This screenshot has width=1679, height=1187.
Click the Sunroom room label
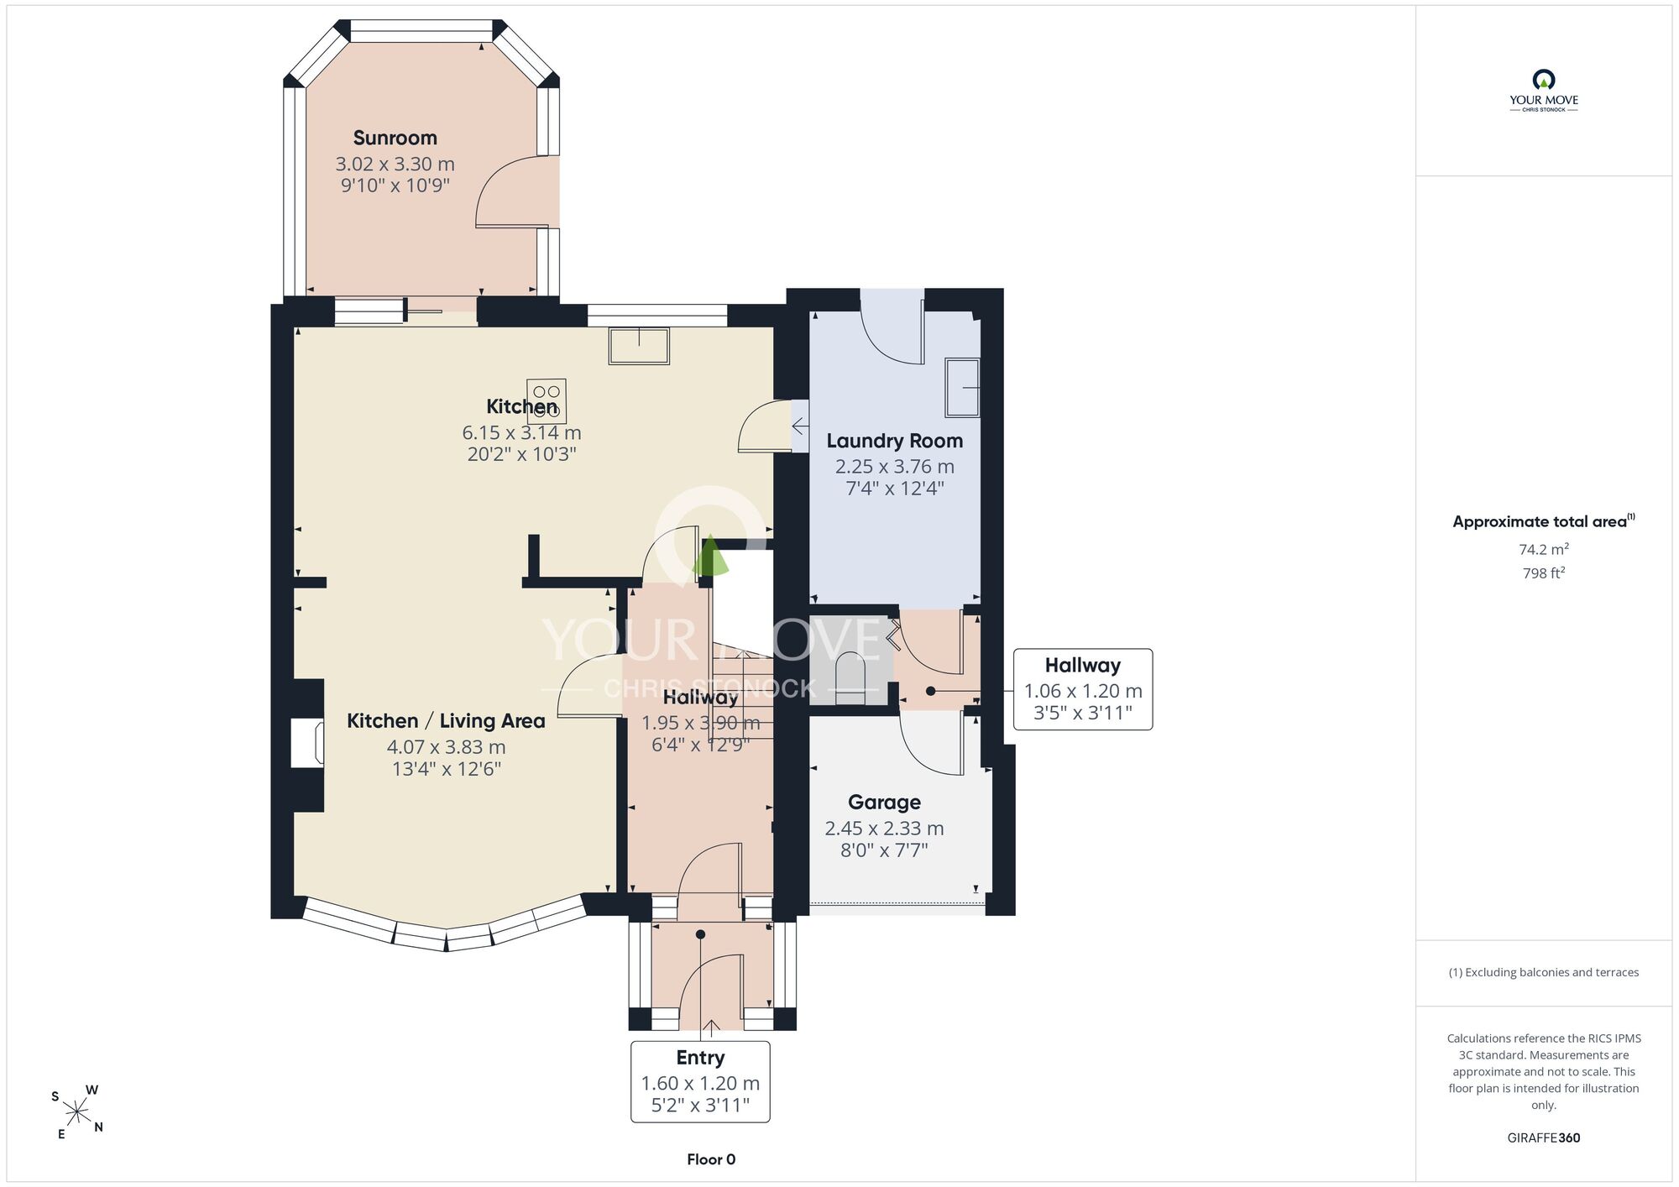395,138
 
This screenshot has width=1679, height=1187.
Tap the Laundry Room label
894,441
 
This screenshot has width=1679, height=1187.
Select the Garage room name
884,803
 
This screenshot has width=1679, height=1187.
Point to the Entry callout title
700,1058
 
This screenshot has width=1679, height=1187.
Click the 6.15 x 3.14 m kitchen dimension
521,432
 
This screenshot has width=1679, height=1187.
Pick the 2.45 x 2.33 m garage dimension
884,829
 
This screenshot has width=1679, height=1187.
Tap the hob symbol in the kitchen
547,401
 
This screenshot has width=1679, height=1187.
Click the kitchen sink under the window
639,346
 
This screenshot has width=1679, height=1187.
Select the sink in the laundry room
962,387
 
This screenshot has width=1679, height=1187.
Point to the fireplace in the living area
307,742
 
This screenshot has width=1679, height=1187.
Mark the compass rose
77,1112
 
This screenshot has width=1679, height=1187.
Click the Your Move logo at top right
1543,91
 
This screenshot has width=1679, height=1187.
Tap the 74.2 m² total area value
1543,549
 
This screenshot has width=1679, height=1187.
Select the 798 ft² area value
1543,573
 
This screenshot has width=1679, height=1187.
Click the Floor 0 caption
711,1159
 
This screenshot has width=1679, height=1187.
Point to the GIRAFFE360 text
1543,1137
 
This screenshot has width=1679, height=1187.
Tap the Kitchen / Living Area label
446,721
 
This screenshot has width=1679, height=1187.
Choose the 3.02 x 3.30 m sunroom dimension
395,164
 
